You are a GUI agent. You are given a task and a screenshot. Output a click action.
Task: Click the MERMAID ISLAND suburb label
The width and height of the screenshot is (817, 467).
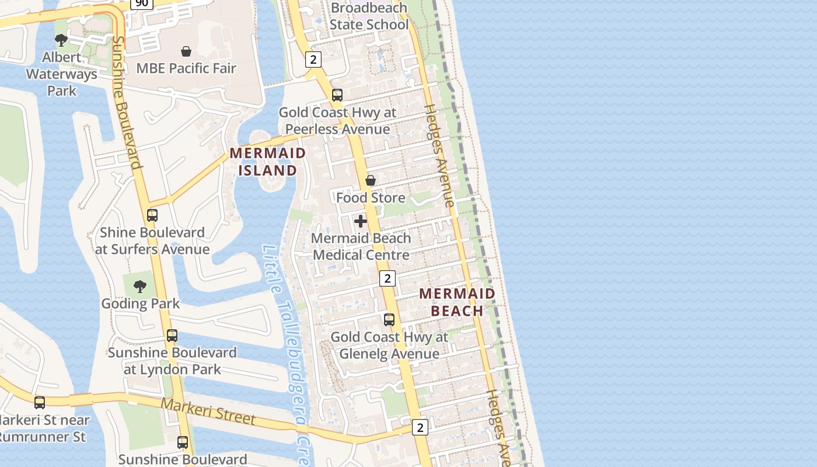click(268, 162)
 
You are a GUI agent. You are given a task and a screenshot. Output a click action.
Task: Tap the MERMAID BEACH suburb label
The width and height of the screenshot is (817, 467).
click(458, 302)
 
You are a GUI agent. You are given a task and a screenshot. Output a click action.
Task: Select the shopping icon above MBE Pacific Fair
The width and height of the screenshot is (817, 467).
click(186, 51)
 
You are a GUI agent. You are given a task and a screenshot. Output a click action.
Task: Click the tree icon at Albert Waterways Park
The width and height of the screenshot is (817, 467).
click(61, 40)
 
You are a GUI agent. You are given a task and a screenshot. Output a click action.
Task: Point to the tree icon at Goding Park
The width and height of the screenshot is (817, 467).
click(139, 286)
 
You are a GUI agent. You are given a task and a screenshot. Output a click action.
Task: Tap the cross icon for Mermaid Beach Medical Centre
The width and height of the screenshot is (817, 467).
click(361, 221)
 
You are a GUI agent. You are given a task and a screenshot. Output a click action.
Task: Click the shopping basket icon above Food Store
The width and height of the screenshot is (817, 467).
click(370, 180)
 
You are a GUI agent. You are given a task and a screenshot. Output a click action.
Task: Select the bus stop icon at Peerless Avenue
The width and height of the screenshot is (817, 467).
click(337, 95)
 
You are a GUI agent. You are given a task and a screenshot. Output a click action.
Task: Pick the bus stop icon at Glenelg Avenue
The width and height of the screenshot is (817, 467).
click(389, 320)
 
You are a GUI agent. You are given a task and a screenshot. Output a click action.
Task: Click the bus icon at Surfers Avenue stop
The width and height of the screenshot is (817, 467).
click(152, 215)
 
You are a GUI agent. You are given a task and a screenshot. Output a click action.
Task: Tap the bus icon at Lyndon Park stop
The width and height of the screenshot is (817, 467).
click(172, 336)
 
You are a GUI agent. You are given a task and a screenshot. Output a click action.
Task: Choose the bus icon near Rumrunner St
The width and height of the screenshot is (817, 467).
click(40, 403)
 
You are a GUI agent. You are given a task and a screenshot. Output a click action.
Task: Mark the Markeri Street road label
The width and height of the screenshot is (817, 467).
click(208, 412)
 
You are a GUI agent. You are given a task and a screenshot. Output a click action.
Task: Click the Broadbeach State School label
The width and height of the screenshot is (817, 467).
click(369, 16)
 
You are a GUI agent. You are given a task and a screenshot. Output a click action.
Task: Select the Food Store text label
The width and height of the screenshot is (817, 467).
click(371, 198)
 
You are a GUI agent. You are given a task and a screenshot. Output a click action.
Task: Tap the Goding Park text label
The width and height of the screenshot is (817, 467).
click(141, 304)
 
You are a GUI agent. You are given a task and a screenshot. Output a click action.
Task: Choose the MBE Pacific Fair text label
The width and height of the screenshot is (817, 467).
click(186, 68)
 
